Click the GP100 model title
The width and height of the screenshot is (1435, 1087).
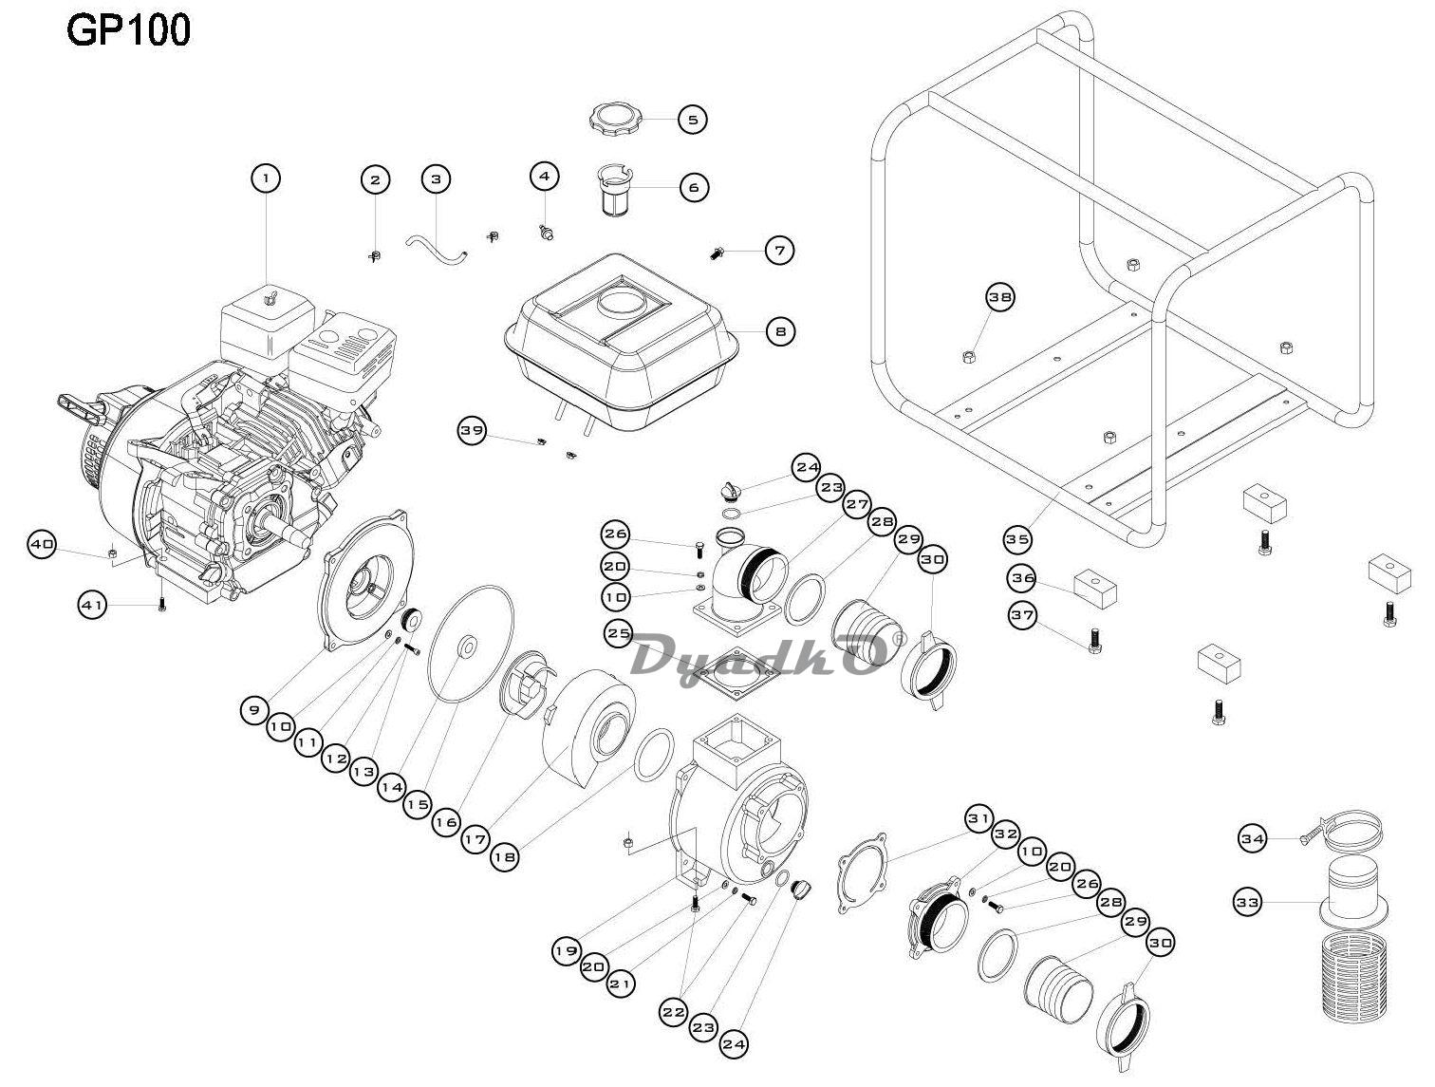[x=128, y=30]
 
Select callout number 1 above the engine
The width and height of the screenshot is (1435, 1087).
[x=266, y=178]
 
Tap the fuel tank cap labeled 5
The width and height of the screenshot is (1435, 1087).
[x=615, y=120]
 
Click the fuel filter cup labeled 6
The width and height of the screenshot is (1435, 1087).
[x=615, y=188]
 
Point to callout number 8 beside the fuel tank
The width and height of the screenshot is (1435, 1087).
[x=780, y=331]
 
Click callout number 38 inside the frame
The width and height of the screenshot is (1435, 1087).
[x=999, y=297]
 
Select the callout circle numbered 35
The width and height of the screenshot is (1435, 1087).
[x=1017, y=540]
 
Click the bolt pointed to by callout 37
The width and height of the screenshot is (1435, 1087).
[x=1094, y=641]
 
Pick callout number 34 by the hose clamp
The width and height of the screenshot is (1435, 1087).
[x=1253, y=838]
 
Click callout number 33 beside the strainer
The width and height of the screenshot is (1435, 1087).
[x=1247, y=903]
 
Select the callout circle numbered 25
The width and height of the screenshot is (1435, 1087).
[x=619, y=633]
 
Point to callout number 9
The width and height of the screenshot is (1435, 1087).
[x=254, y=710]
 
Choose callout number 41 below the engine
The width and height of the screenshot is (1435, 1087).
[x=92, y=605]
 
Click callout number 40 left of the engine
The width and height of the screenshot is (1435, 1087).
[x=43, y=545]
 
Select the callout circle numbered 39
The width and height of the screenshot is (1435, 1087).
[x=472, y=430]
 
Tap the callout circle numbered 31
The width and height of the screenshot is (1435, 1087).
[x=978, y=819]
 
